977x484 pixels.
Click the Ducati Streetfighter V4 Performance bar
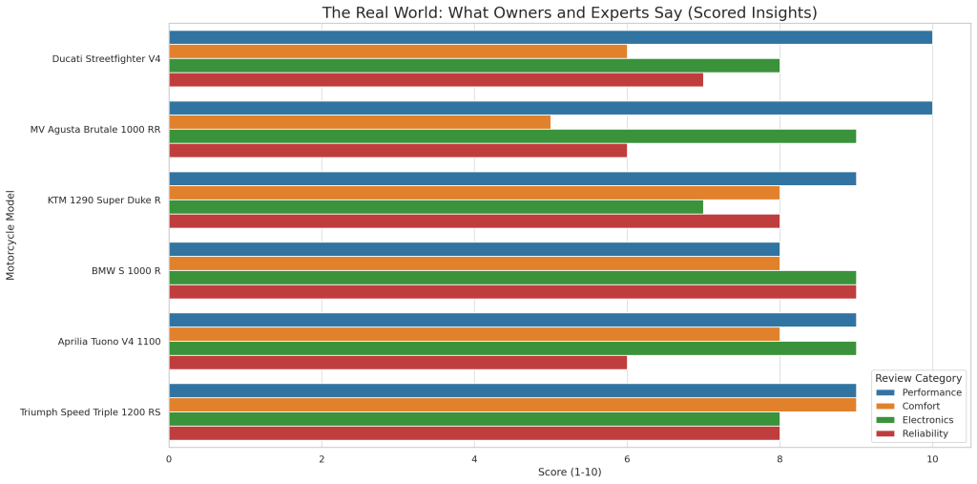tap(551, 37)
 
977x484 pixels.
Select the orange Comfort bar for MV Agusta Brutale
tap(360, 122)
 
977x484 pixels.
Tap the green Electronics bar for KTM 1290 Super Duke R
tap(436, 207)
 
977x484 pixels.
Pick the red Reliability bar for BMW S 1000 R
tap(512, 292)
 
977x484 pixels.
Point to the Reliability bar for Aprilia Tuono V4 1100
tap(398, 363)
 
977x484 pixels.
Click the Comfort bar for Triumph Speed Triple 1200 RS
tap(512, 405)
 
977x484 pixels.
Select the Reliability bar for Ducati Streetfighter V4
tap(436, 79)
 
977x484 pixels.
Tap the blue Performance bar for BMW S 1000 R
tap(474, 249)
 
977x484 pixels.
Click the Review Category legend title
tap(918, 378)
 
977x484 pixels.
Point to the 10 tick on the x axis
tap(932, 459)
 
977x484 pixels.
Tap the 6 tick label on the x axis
tap(627, 459)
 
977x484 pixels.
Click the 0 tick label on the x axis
tap(169, 459)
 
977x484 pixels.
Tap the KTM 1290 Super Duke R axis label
tap(104, 200)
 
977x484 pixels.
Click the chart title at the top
tap(570, 12)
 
